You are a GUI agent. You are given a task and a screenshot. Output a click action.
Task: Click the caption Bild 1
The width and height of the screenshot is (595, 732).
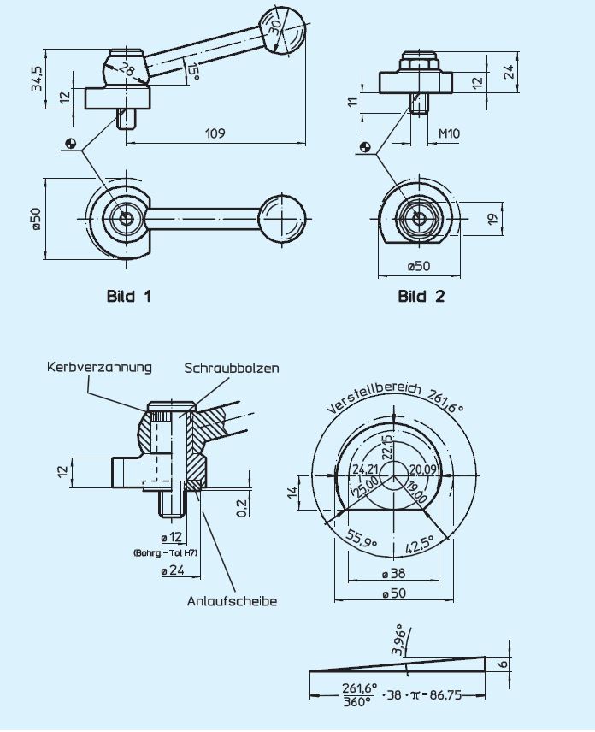(x=128, y=297)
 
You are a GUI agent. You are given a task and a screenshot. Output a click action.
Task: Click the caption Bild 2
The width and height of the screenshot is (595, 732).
(x=421, y=297)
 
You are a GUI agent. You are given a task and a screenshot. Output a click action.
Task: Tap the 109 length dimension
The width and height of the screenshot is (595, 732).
(x=215, y=133)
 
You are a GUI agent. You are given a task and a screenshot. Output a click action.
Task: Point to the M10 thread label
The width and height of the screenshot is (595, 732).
(x=449, y=133)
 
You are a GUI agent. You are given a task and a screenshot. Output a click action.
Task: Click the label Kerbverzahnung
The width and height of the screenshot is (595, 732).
(x=99, y=367)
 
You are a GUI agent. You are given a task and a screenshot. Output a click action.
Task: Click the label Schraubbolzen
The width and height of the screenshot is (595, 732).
(x=231, y=368)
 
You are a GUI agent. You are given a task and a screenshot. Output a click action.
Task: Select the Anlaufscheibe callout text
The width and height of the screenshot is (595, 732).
(x=232, y=601)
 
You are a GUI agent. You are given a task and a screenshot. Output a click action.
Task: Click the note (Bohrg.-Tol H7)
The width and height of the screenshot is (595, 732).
(x=165, y=553)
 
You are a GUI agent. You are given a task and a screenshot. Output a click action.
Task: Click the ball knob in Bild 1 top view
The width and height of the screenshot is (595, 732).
(x=282, y=220)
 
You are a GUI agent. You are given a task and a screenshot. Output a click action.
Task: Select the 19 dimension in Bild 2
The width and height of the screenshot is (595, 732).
(x=492, y=220)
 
